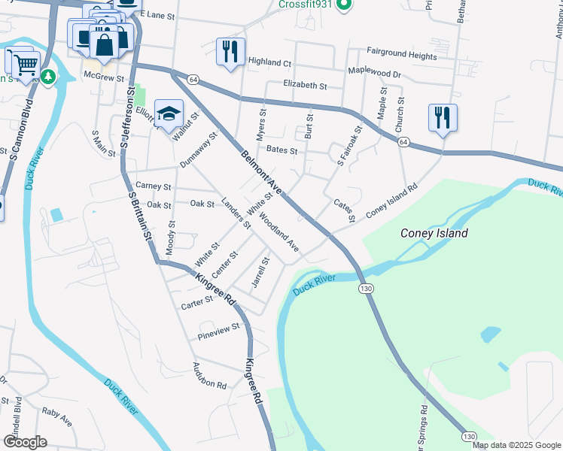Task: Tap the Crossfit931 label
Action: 305,5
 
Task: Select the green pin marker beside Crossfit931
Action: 342,5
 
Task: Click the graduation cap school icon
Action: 169,114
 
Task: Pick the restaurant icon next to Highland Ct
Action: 230,52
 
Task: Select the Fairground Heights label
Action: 401,56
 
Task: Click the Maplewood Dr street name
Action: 375,73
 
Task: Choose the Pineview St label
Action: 218,328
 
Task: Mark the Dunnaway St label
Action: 198,150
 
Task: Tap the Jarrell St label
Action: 260,272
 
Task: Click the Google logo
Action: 25,442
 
